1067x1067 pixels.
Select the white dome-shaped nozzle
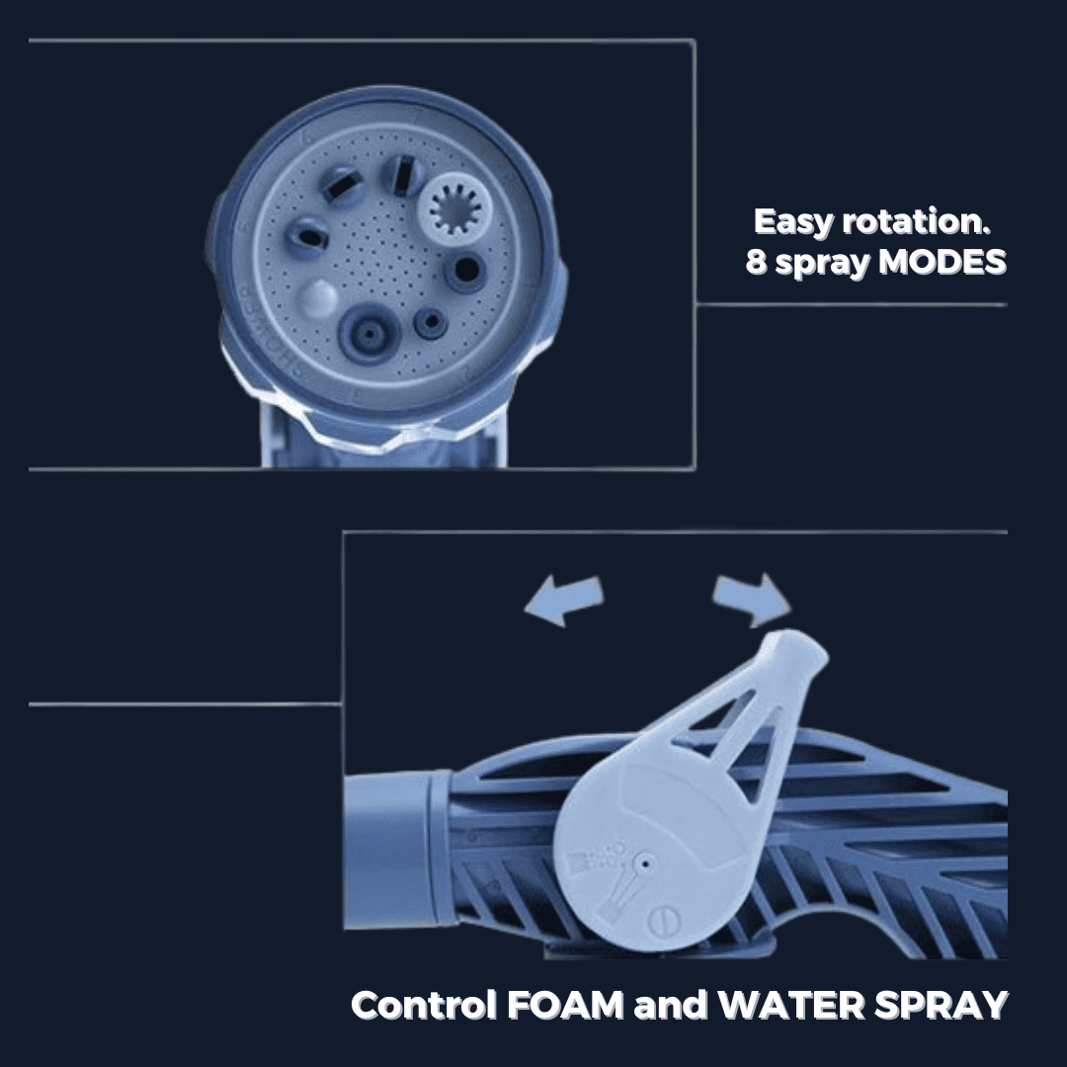[x=315, y=295]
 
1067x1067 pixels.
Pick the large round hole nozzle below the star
[x=462, y=269]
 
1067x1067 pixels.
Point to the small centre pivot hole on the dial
[x=643, y=862]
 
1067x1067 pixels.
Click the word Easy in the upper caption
[x=794, y=222]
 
